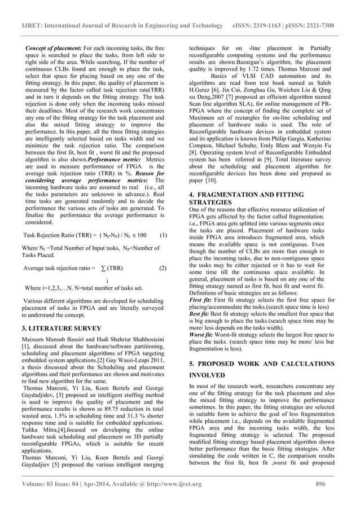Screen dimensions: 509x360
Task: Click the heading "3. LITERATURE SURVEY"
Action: (62, 327)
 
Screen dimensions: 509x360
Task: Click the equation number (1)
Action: (163, 234)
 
